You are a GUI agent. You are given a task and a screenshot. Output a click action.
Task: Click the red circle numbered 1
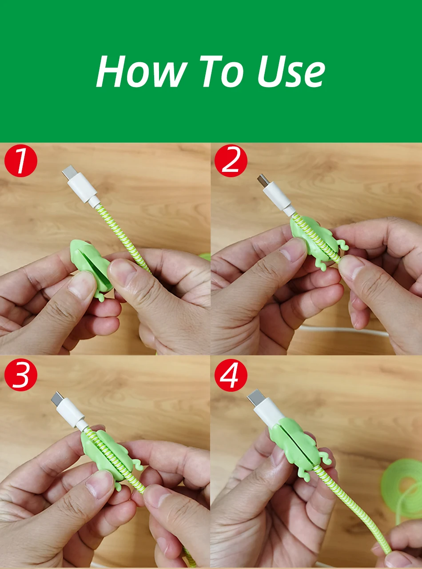click(21, 161)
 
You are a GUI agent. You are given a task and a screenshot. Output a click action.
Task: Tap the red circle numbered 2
click(231, 161)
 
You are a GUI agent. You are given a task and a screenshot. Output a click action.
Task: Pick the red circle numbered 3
click(21, 375)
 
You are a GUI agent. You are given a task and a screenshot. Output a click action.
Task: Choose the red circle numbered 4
click(231, 375)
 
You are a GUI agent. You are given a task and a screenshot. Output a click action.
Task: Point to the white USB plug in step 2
click(275, 194)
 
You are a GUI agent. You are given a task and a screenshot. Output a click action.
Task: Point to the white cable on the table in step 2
click(344, 330)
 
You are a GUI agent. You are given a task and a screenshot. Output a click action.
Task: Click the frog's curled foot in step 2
click(341, 244)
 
